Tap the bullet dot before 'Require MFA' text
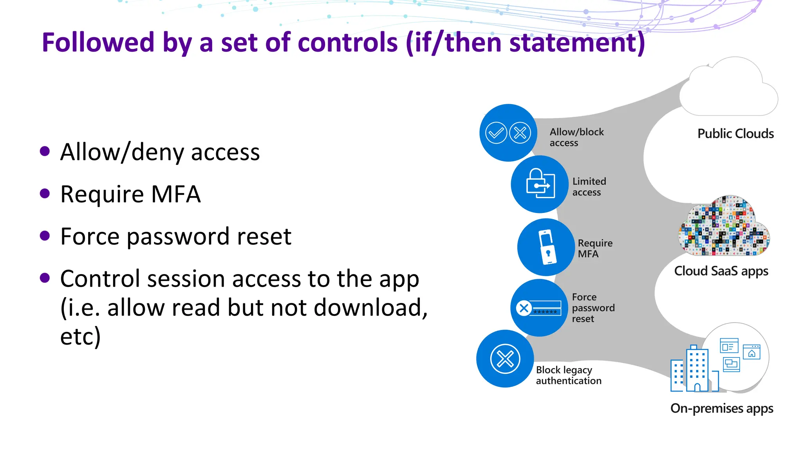tap(45, 194)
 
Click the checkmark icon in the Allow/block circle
tap(496, 133)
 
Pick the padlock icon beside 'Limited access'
tap(540, 184)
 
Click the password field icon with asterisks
tap(546, 308)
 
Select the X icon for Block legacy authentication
tap(505, 359)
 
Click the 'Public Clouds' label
tap(735, 134)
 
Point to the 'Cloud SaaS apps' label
tap(721, 271)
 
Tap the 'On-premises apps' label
tap(721, 408)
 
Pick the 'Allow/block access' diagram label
tap(576, 137)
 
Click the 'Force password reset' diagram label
tap(593, 308)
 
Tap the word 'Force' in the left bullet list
tap(89, 237)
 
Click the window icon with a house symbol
tap(751, 352)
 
